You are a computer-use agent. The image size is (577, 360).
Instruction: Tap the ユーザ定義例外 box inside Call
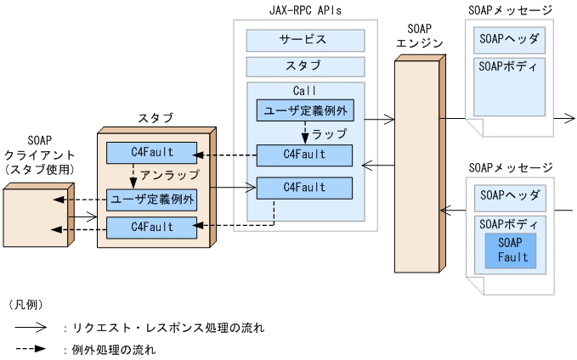pyautogui.click(x=304, y=110)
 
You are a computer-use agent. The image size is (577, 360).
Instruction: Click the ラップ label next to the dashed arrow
pyautogui.click(x=329, y=134)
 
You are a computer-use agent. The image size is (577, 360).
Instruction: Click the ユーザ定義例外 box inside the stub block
pyautogui.click(x=150, y=200)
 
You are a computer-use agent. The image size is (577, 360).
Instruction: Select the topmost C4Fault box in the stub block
pyautogui.click(x=150, y=154)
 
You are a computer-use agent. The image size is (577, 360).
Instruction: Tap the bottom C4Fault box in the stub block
pyautogui.click(x=150, y=227)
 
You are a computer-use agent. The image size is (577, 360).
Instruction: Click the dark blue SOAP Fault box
pyautogui.click(x=512, y=250)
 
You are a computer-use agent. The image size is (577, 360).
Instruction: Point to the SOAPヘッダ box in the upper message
pyautogui.click(x=509, y=39)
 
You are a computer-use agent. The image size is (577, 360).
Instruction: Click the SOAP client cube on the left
pyautogui.click(x=34, y=217)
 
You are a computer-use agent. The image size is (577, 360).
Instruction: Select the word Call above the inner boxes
pyautogui.click(x=304, y=90)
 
